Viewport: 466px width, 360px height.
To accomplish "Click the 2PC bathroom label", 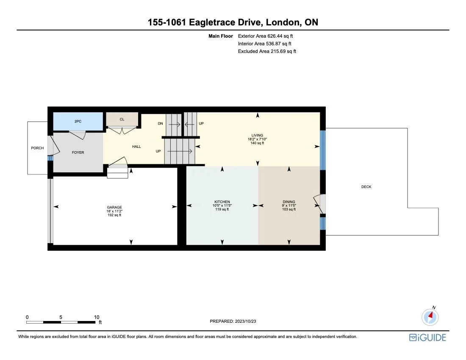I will (x=78, y=122).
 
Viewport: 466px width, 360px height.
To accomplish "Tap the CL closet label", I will (x=122, y=119).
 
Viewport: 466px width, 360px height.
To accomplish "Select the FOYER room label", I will (x=78, y=152).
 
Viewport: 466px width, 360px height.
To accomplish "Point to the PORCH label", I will (x=37, y=148).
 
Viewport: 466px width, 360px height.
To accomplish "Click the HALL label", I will (x=136, y=147).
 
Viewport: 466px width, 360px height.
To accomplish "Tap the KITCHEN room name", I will (x=222, y=202).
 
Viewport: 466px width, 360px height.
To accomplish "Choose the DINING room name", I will (x=289, y=202).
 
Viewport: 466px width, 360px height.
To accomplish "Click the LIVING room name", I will (x=257, y=135).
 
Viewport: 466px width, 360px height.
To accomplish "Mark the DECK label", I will (x=366, y=187).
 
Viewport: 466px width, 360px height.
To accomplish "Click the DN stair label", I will (x=160, y=124).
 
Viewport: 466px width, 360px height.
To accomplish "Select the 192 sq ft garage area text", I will (x=114, y=215).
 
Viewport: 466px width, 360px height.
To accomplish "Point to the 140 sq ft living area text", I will (x=257, y=143).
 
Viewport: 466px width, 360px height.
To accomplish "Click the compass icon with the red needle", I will (x=430, y=316).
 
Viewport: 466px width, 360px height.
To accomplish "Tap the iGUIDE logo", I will (x=427, y=338).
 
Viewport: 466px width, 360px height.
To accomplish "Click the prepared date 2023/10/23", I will (x=233, y=321).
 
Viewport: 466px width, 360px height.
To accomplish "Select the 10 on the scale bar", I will (x=97, y=317).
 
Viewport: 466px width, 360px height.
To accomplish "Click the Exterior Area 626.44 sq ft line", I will (x=266, y=36).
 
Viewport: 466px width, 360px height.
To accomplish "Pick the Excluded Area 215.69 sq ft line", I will (x=267, y=51).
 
